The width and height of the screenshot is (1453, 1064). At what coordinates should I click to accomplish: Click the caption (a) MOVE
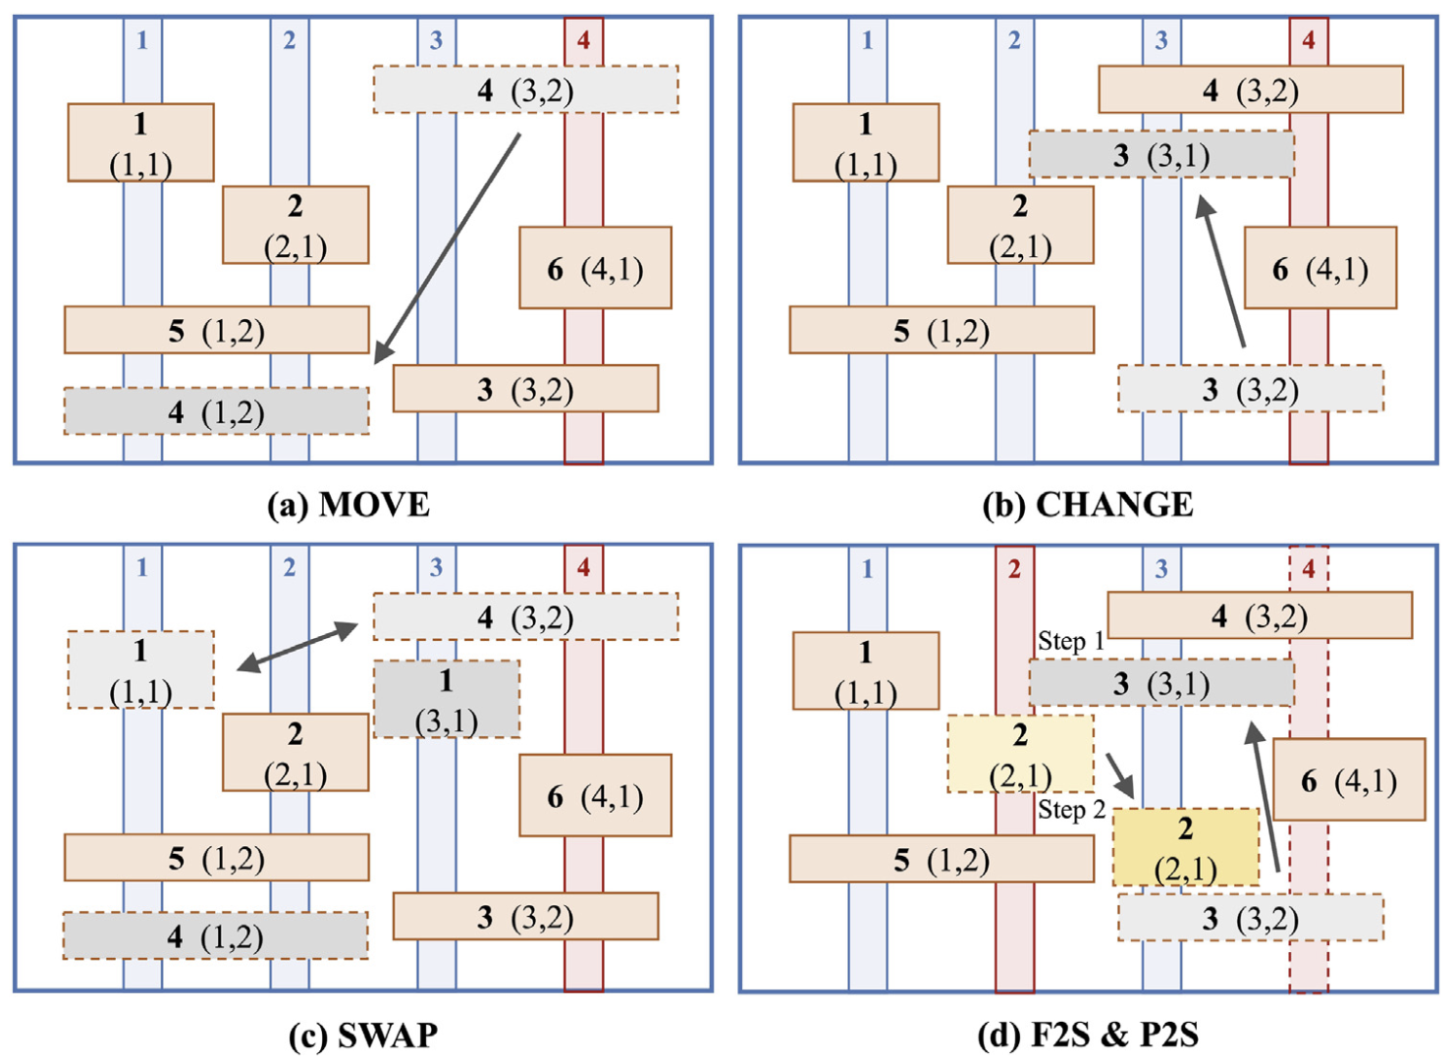coord(349,505)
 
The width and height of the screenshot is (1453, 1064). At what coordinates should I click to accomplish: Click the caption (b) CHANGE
coord(1088,505)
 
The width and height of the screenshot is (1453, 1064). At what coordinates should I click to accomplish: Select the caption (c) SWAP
coord(362,1035)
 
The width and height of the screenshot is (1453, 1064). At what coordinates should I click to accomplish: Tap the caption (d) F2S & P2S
coord(1088,1035)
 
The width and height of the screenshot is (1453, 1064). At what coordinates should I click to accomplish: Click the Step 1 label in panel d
coord(1071,641)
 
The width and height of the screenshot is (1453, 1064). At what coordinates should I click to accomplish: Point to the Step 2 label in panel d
coord(1071,810)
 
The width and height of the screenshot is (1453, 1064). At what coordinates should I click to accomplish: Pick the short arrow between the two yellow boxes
coord(1120,775)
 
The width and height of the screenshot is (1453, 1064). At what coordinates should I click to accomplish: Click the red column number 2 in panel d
coord(1014,568)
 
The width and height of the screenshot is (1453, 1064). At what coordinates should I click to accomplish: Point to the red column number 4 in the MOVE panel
coord(583,40)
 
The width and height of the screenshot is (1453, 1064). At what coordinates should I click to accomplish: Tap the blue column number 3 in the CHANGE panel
coord(1161,40)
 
